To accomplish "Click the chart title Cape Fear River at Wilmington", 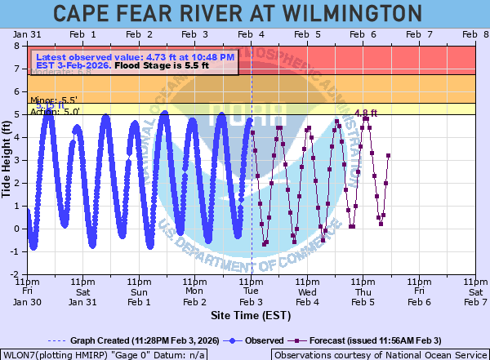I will point(244,14).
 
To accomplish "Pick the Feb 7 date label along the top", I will point(419,34).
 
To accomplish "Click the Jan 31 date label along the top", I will point(27,34).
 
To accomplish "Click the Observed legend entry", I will point(253,340).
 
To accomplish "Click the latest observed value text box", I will point(136,61).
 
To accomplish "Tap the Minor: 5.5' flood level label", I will point(48,100).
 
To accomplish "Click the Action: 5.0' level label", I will point(48,111).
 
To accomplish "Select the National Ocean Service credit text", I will point(380,355).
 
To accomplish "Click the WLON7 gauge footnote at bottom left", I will point(103,355).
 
